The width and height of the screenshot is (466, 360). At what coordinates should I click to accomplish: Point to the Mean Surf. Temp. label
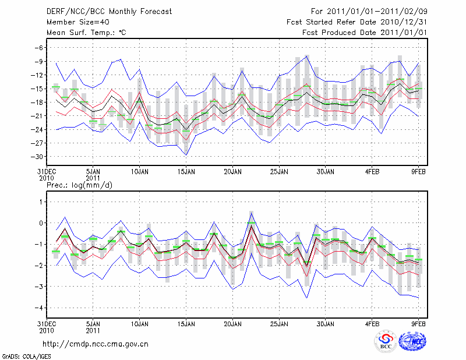point(86,33)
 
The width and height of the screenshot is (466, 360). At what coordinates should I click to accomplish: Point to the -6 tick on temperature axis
point(40,48)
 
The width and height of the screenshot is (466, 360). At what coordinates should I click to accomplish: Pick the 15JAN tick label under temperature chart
point(186,172)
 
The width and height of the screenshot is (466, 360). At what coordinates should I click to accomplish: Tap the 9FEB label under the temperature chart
point(419,172)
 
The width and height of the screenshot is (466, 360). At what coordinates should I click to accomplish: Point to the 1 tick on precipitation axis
point(41,202)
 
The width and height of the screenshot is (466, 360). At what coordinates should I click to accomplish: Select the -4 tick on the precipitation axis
point(40,308)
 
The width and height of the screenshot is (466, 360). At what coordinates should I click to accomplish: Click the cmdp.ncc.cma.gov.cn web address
point(96,344)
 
